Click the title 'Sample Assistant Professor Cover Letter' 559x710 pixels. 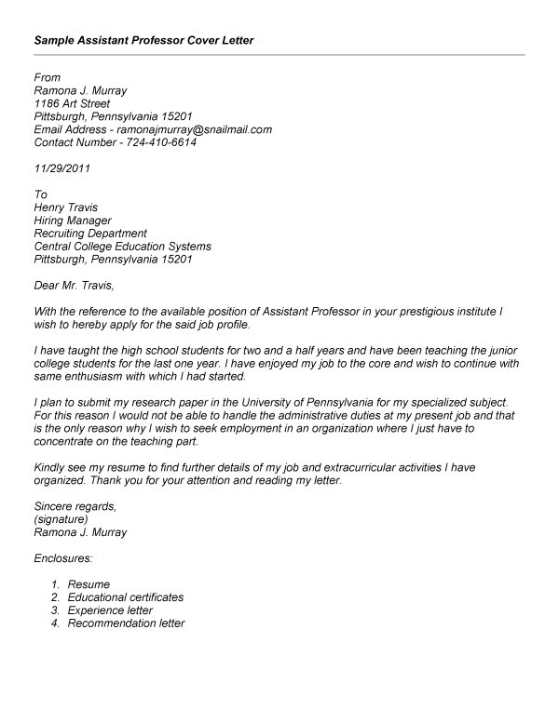143,41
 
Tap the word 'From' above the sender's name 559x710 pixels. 47,77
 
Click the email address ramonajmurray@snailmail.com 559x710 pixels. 195,130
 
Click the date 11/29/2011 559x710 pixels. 61,169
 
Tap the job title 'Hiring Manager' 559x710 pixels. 72,221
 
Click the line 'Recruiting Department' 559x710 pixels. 89,234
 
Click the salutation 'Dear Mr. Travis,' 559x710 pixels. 77,286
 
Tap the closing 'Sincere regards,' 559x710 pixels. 75,506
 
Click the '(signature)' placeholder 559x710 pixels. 61,519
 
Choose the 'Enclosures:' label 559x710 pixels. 63,558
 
